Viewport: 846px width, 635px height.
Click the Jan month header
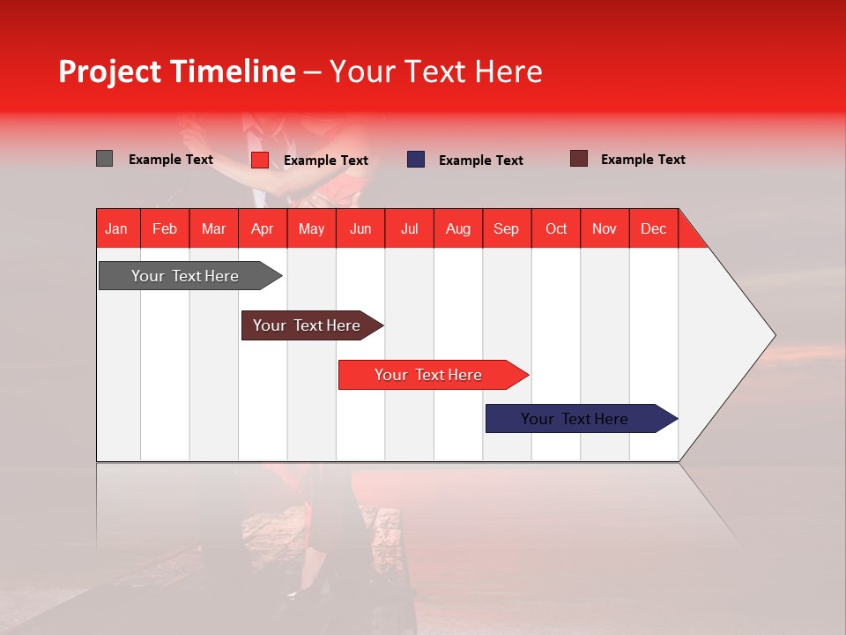click(x=116, y=228)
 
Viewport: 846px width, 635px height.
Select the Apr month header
click(x=262, y=228)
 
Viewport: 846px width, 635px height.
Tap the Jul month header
click(x=409, y=228)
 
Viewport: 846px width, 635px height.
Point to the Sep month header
click(x=506, y=228)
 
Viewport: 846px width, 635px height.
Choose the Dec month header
click(x=653, y=228)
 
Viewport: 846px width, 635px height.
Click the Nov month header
click(x=604, y=228)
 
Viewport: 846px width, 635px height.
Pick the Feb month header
click(x=165, y=228)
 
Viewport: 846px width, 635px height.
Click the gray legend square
click(x=105, y=159)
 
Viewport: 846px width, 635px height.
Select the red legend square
click(x=260, y=160)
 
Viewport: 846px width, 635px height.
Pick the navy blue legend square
click(x=416, y=160)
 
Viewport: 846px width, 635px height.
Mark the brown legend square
click(x=579, y=159)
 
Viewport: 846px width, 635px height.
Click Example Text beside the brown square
click(x=642, y=160)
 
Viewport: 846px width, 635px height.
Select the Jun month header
click(x=360, y=228)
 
